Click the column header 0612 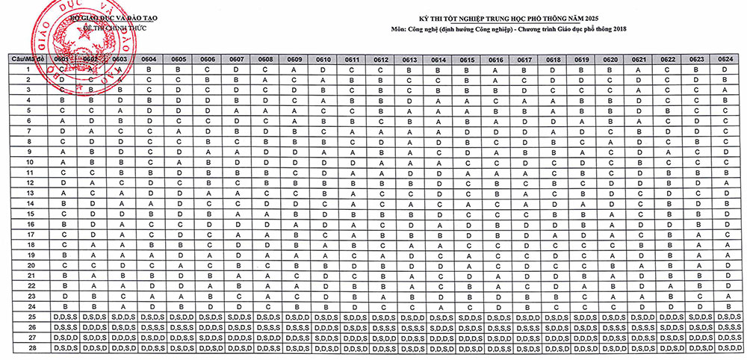coord(380,59)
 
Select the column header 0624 coord(723,59)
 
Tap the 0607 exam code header coord(236,59)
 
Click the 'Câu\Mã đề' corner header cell coord(28,59)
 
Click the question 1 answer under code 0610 coord(323,69)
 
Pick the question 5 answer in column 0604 coord(149,110)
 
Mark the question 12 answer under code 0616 coord(495,182)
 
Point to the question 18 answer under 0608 coord(265,244)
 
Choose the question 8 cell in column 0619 coord(581,141)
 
